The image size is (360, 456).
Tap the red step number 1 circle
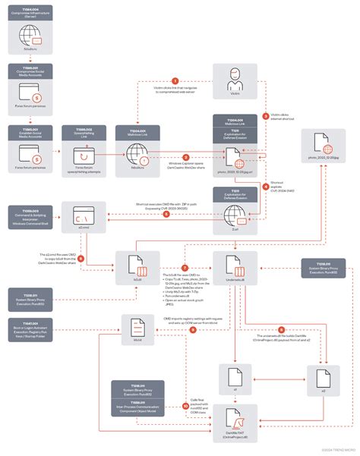pyautogui.click(x=175, y=80)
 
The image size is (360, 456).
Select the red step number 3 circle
pyautogui.click(x=265, y=117)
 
